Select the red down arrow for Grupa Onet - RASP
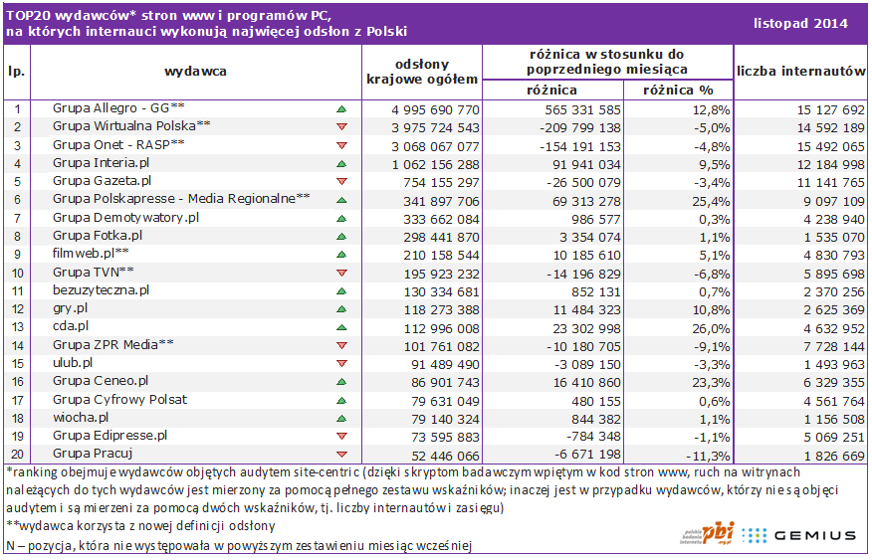pos(341,145)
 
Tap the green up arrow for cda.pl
pos(341,327)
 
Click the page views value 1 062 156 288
pos(435,165)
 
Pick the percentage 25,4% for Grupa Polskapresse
pos(711,201)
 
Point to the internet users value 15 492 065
pos(831,146)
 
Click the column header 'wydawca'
pos(196,72)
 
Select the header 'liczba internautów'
pos(800,71)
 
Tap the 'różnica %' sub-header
pos(678,90)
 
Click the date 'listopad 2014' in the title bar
pos(800,23)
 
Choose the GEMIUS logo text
pos(814,535)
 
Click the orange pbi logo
pos(718,533)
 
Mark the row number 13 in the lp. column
pos(17,328)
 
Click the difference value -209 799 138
pos(580,128)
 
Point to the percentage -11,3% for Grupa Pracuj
pos(708,457)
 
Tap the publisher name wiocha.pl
pos(81,417)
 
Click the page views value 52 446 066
pos(445,457)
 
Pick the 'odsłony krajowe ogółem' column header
pos(422,72)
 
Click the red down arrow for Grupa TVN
pos(341,273)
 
